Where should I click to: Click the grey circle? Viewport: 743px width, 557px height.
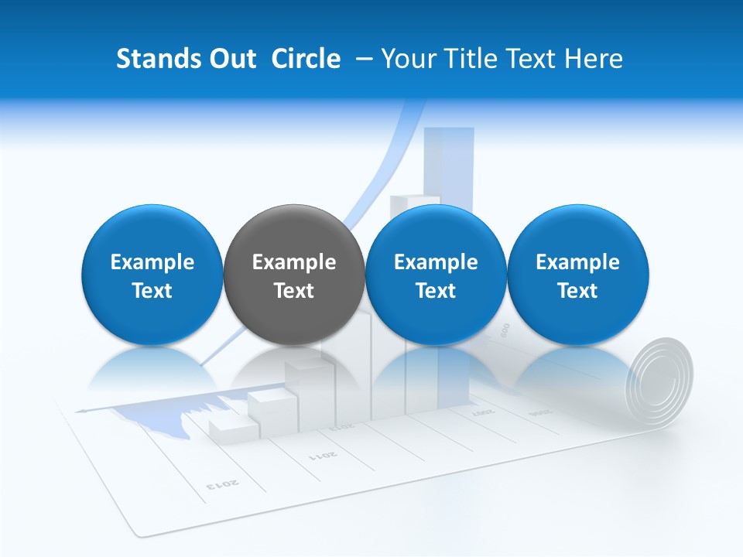[293, 275]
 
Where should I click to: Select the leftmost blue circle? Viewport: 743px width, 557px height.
[152, 275]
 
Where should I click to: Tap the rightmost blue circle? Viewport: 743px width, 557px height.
[577, 275]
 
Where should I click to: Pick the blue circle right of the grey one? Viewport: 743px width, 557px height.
[435, 275]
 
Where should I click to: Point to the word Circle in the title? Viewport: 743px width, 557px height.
[306, 59]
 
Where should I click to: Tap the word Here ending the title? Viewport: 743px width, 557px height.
[594, 59]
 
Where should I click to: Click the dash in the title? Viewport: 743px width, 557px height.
[366, 59]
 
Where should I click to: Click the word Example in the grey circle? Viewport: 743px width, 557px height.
[294, 262]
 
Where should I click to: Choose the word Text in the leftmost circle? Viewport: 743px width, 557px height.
[152, 291]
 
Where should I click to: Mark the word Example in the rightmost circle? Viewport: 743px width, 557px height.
[577, 262]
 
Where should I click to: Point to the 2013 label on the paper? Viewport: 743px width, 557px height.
[223, 484]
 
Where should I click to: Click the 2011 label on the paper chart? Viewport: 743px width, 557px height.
[324, 454]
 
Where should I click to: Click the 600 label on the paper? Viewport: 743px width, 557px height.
[504, 330]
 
